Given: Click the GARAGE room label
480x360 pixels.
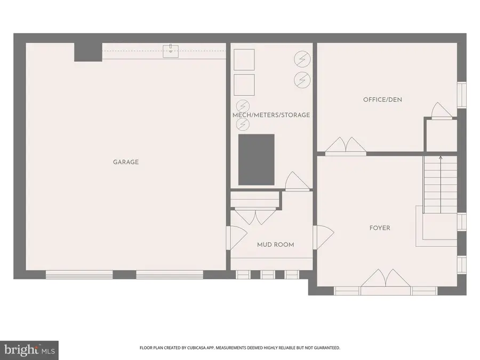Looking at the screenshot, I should (126, 162).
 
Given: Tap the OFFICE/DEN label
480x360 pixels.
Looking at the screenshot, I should (382, 100).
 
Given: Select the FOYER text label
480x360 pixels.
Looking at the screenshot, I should (380, 228).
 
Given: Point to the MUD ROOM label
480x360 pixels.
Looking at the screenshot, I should (276, 245).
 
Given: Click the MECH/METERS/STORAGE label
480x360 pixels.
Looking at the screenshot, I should (271, 115).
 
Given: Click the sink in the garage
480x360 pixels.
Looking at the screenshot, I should (171, 51).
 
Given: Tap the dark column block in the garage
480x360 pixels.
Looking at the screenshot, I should (87, 52).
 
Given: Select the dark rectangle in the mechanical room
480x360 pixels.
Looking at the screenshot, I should (256, 160).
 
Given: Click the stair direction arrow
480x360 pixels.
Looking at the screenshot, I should (441, 158).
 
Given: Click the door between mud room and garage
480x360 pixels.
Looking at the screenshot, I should (235, 237).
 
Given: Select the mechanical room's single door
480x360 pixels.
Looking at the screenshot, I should (297, 181).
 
